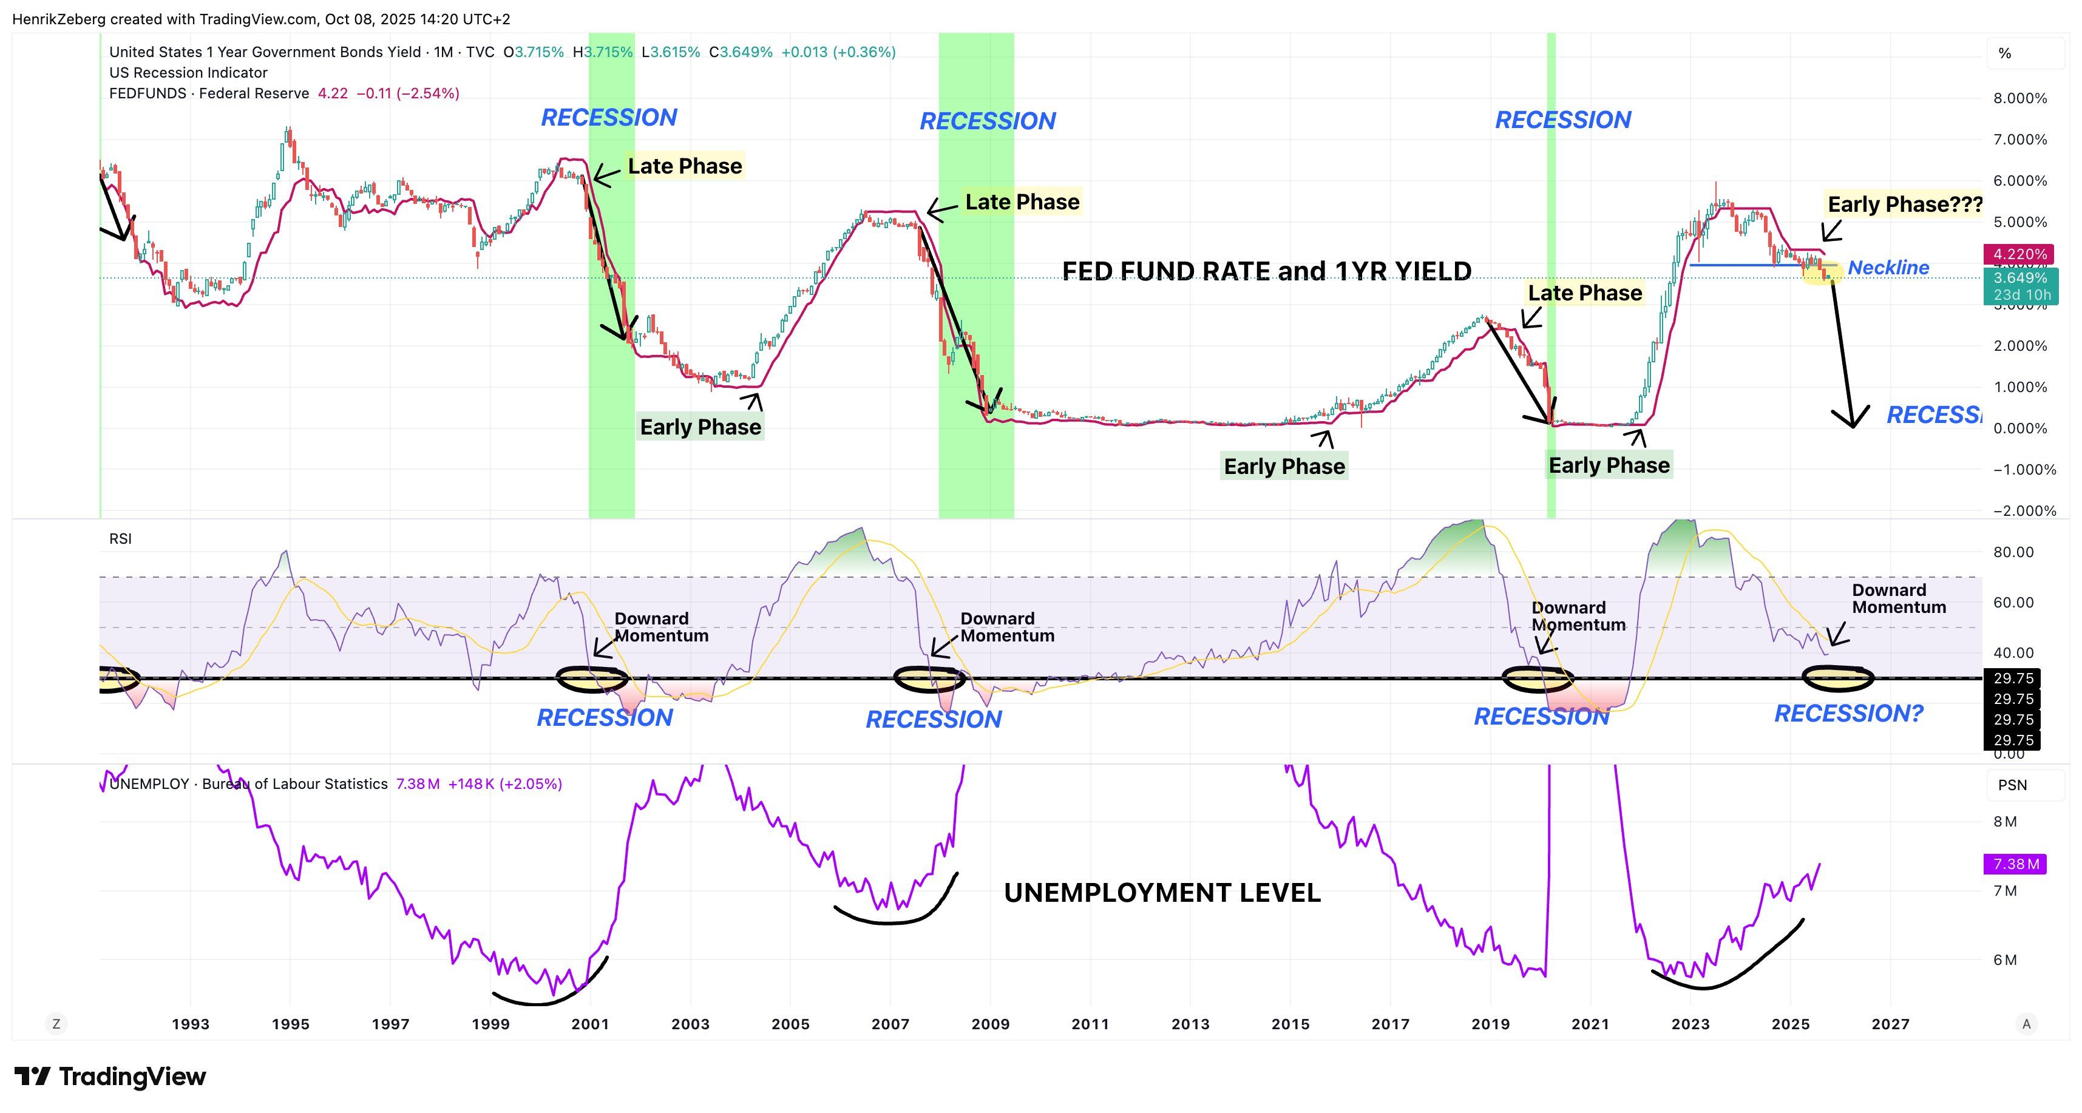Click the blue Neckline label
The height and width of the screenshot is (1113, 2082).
click(x=1888, y=268)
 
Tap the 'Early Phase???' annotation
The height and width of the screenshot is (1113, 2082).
click(x=1904, y=205)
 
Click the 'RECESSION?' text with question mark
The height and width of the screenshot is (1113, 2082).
click(x=1848, y=714)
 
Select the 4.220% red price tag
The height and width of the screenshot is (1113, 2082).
click(x=2019, y=254)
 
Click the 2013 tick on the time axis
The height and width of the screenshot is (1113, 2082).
click(x=1190, y=1024)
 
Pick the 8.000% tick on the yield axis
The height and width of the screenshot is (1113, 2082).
click(x=2019, y=98)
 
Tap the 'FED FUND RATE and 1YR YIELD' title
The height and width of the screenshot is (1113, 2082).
click(x=1266, y=271)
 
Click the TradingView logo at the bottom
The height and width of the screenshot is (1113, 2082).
click(x=110, y=1077)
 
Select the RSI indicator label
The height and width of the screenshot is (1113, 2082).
click(x=120, y=539)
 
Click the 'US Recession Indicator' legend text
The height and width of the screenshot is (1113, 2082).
click(x=188, y=73)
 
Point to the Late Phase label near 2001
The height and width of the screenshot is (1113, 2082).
click(x=685, y=166)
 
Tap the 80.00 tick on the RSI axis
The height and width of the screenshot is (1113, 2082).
click(x=2013, y=552)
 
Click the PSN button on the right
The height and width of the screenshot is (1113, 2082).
click(x=2012, y=785)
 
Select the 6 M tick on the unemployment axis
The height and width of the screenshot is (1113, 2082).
click(x=2006, y=960)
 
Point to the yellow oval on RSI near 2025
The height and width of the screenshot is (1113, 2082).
click(x=1838, y=679)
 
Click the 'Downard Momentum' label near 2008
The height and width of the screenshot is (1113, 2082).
click(x=1006, y=628)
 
